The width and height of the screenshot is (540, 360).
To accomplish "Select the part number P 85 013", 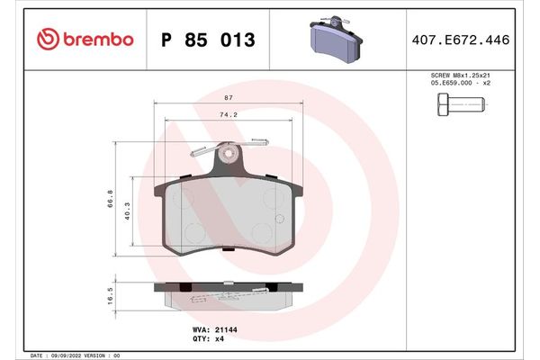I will [207, 40].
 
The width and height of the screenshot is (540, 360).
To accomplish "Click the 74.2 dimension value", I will [228, 115].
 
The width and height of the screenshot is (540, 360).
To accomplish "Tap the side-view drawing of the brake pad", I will [225, 292].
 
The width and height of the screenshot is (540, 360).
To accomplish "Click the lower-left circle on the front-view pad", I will [193, 234].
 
